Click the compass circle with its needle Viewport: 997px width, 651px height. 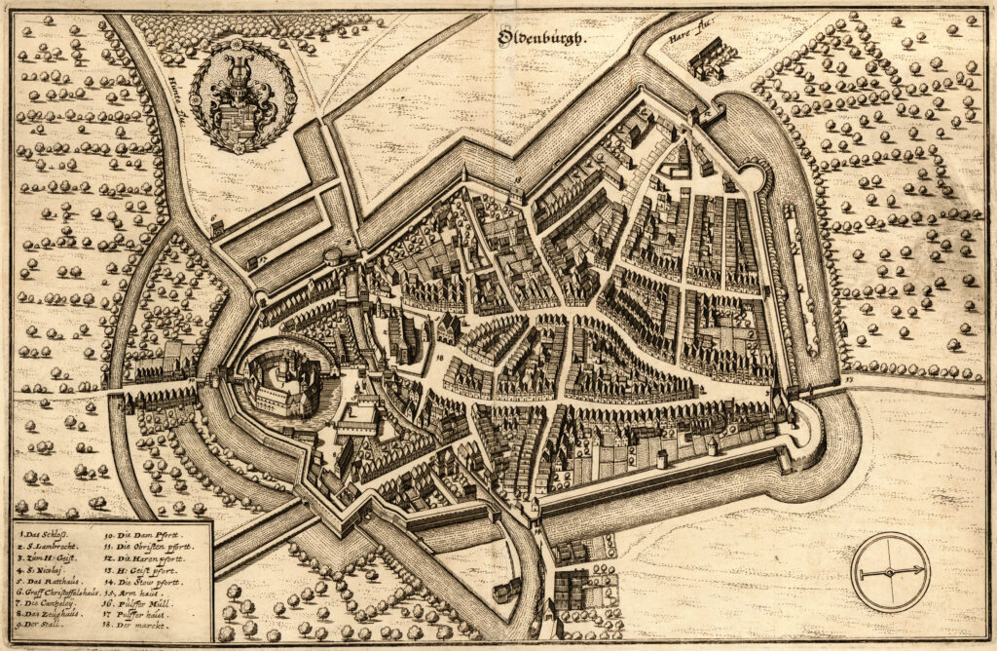click(x=890, y=571)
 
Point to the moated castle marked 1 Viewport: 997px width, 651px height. click(x=282, y=381)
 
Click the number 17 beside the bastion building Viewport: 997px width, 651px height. click(x=262, y=260)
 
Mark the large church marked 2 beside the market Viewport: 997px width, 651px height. click(x=400, y=337)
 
